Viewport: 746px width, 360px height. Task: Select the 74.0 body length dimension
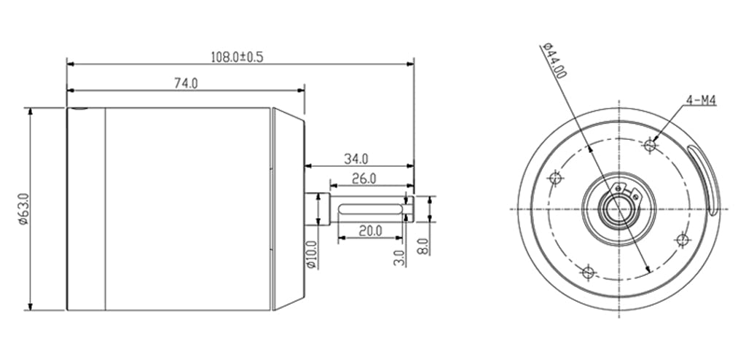(x=185, y=84)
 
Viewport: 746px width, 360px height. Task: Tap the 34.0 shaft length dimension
(x=356, y=157)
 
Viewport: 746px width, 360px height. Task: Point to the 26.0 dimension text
(x=363, y=178)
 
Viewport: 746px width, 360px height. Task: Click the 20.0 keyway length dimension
(x=370, y=230)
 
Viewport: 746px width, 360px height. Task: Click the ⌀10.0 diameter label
(x=312, y=254)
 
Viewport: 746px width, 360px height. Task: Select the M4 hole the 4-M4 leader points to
(x=651, y=145)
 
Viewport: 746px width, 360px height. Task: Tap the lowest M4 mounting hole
(x=589, y=273)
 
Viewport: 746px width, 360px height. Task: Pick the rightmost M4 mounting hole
(x=683, y=240)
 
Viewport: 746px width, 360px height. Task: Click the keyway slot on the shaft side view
(x=372, y=210)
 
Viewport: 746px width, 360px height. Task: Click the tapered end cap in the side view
(x=288, y=208)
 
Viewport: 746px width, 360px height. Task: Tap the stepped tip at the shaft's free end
(x=409, y=209)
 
